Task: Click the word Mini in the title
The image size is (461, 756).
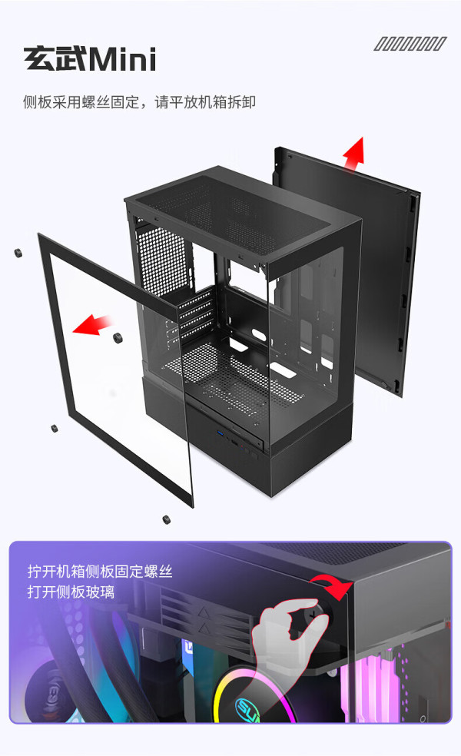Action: tap(122, 58)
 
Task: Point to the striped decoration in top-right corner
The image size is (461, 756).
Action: tap(410, 44)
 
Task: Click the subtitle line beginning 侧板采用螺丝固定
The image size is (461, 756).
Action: tap(139, 101)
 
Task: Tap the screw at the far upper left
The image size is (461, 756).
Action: tap(16, 253)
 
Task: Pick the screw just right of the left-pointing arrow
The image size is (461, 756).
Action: tap(118, 338)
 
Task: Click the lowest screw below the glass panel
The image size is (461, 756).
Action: tap(166, 519)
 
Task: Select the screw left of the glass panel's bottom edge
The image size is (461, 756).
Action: tap(53, 428)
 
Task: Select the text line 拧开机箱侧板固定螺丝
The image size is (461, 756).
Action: tap(100, 572)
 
